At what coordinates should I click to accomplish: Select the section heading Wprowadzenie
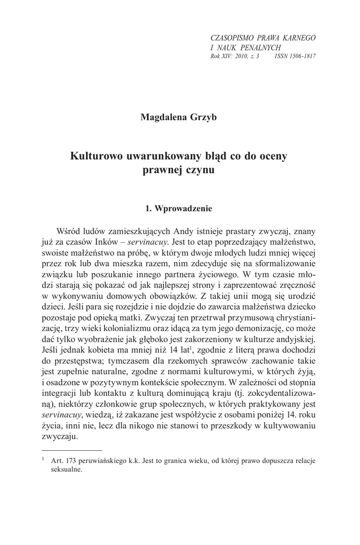point(184,209)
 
